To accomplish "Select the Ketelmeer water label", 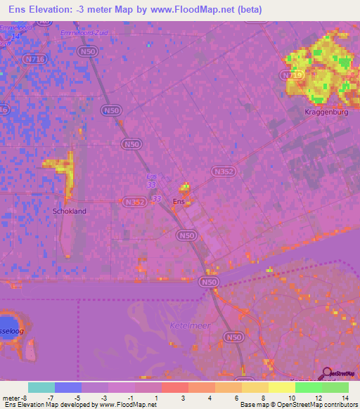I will tap(186, 326).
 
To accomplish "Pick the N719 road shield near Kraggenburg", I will tap(290, 74).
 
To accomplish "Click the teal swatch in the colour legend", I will tap(41, 387).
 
